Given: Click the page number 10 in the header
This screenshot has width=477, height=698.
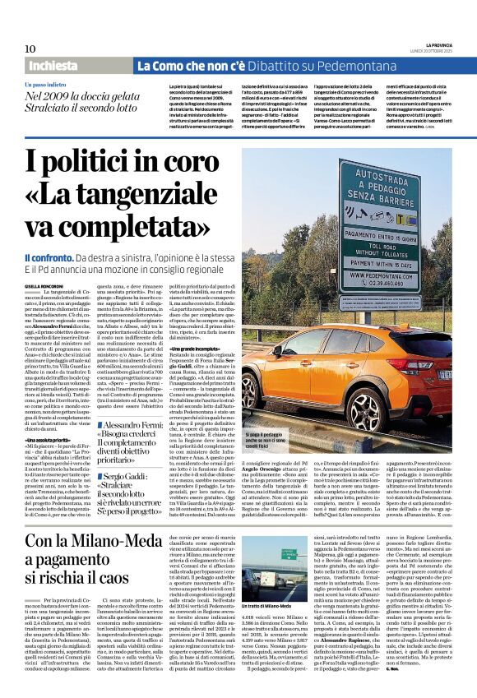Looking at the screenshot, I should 30,49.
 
